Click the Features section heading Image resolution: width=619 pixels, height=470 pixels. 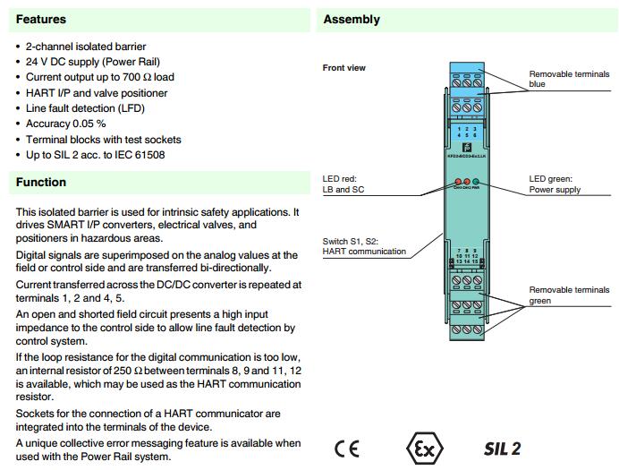click(x=41, y=19)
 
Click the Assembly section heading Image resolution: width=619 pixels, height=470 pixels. click(x=352, y=19)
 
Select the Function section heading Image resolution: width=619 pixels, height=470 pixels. click(x=41, y=182)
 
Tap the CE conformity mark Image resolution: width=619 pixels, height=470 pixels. click(x=347, y=448)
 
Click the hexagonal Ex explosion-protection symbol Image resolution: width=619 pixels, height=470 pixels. click(x=422, y=448)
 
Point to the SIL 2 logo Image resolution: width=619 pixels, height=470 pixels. click(x=502, y=448)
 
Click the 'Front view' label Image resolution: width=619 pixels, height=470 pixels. click(x=344, y=68)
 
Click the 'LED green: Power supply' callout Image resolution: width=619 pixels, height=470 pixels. click(x=555, y=184)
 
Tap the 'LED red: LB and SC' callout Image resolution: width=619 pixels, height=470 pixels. click(x=345, y=184)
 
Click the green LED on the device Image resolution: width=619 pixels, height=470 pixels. click(x=477, y=181)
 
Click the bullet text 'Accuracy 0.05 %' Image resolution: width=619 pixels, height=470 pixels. click(x=65, y=124)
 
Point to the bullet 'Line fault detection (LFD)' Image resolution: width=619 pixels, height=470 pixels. click(x=85, y=108)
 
